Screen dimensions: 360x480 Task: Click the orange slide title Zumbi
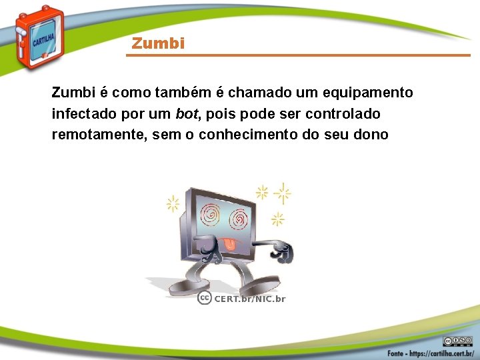[x=158, y=44]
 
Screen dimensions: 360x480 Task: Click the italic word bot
[x=185, y=113]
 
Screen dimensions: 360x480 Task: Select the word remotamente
[x=98, y=135]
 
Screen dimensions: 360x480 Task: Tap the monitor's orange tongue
[x=229, y=245]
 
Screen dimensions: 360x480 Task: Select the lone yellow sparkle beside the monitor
[x=173, y=203]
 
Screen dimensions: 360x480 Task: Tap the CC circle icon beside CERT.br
[x=205, y=298]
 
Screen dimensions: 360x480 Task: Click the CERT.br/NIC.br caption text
[x=249, y=299]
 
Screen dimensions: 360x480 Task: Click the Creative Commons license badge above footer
[x=458, y=340]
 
